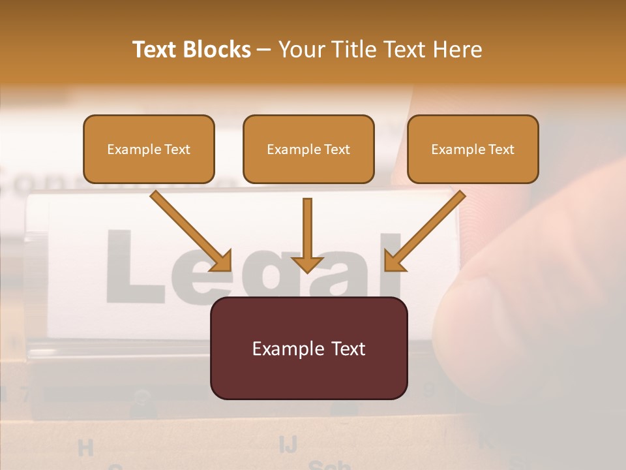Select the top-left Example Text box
pos(149,149)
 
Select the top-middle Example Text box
pos(308,149)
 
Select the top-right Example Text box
pos(473,149)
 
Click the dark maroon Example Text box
pos(308,348)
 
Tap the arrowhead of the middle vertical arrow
pos(308,264)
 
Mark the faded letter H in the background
pos(85,448)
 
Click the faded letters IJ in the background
pos(288,444)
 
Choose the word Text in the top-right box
pos(501,149)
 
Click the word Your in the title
pos(299,50)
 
